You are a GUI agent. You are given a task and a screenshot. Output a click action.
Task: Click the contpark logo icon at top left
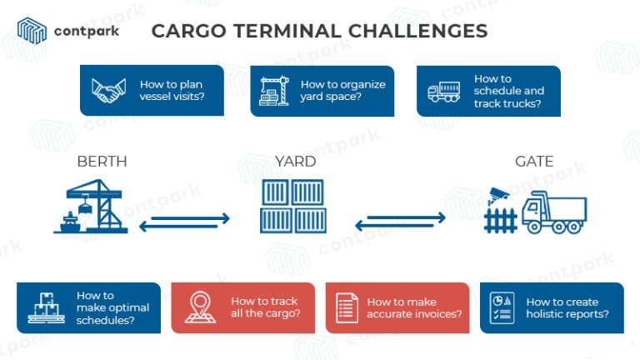pos(32,30)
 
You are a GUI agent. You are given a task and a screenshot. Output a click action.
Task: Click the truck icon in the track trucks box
pos(444,92)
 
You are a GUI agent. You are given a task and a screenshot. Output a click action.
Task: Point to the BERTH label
pos(102,162)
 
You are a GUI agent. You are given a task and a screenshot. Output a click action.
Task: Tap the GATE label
pos(534,162)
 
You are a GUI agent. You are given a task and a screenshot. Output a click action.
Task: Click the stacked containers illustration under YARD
pos(292,207)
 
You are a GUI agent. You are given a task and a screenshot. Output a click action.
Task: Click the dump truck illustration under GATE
pos(554,213)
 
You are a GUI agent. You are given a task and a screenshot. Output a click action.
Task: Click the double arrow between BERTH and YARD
pos(184,222)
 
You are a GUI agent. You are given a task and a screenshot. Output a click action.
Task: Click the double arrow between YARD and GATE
pos(401,222)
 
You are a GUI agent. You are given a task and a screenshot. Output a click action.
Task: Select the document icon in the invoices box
pos(347,308)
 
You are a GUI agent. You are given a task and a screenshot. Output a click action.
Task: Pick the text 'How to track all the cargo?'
pos(265,307)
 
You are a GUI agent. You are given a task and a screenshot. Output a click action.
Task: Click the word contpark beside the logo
pos(86,32)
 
